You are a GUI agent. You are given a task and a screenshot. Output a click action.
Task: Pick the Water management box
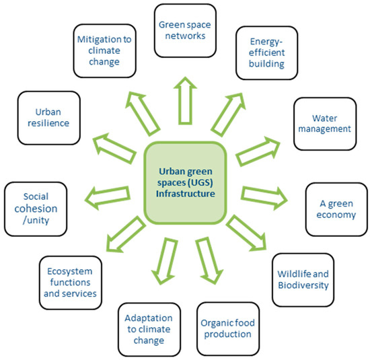pyautogui.click(x=324, y=121)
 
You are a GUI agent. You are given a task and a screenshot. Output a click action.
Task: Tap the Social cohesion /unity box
pyautogui.click(x=35, y=208)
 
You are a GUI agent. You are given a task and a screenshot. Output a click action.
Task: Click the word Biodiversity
pyautogui.click(x=303, y=285)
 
